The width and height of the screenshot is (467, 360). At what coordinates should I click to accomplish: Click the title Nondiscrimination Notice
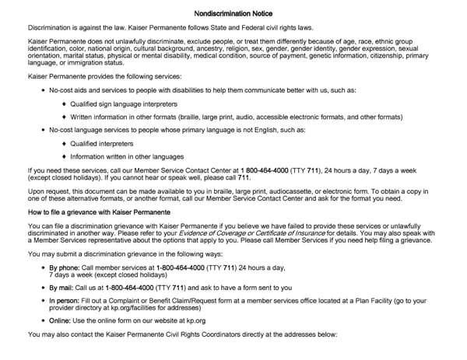coord(233,14)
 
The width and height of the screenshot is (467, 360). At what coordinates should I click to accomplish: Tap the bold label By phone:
coord(65,267)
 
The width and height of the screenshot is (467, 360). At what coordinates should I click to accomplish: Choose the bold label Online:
coord(62,320)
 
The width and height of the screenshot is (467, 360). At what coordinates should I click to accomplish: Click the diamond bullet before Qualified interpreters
coord(65,144)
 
